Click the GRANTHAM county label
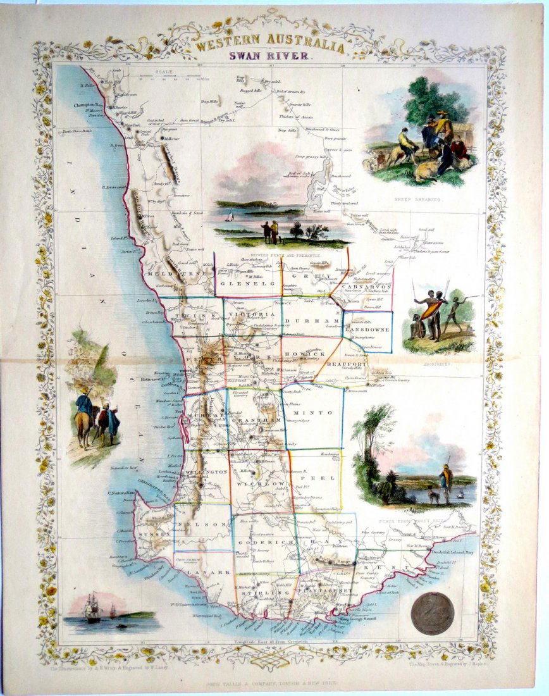256,419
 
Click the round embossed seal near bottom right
432,613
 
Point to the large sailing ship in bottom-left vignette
93,607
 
